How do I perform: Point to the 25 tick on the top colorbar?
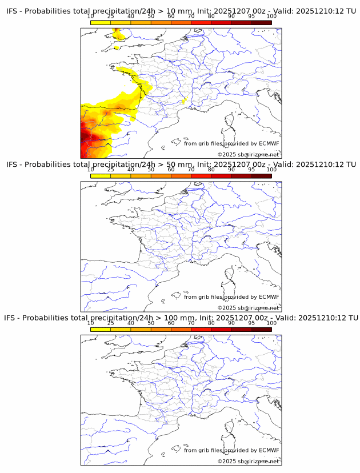(110, 16)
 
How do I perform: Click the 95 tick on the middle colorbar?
(251, 169)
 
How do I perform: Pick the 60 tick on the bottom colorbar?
(171, 322)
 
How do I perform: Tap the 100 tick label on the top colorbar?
(271, 16)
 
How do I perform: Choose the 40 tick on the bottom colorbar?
(131, 322)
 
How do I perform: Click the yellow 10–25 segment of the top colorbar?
(100, 22)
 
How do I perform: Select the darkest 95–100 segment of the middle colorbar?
(261, 175)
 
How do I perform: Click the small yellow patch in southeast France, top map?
(184, 102)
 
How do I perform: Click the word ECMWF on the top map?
(269, 143)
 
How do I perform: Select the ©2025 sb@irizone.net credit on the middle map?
(248, 308)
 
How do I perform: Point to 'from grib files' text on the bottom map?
(201, 450)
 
